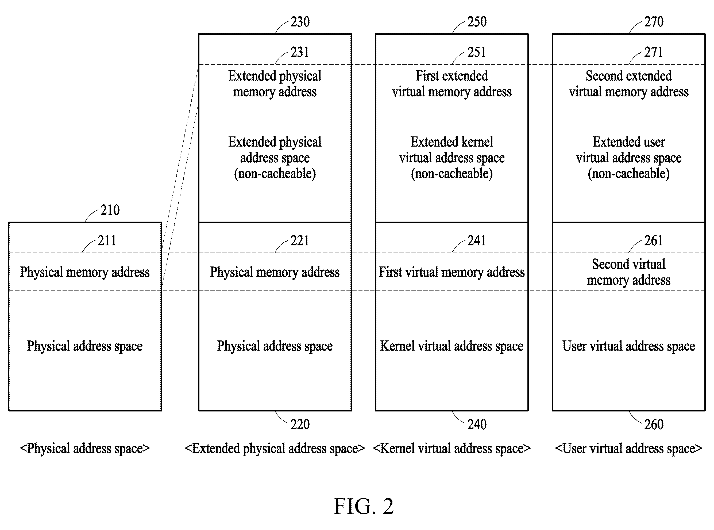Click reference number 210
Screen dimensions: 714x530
pos(110,210)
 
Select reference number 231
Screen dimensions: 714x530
pos(300,52)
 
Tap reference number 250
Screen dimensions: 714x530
pos(477,22)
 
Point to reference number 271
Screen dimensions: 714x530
pos(654,52)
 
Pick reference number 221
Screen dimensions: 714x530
pos(300,241)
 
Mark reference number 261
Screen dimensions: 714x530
pos(654,241)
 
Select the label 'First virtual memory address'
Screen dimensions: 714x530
pos(451,272)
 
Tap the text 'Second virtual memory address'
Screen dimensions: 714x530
pos(628,272)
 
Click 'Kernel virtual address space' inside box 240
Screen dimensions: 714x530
pos(451,346)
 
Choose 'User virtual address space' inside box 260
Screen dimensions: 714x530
pos(628,346)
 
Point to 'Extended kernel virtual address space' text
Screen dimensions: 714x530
pos(451,158)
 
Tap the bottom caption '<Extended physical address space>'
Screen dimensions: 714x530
pos(275,449)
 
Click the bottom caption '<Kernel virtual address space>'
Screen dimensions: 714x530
pos(451,449)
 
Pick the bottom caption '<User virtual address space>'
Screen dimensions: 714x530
pos(628,449)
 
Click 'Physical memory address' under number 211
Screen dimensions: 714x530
pos(85,272)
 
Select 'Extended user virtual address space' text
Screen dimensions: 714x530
pos(628,158)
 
